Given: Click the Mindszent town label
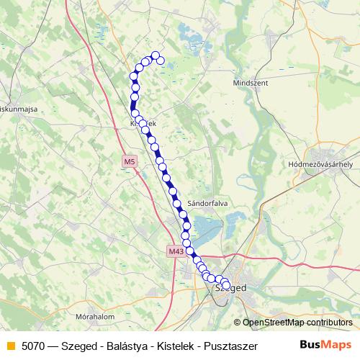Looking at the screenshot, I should click(251, 83).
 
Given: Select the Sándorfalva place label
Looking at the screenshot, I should click(207, 204).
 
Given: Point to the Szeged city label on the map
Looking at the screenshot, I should click(233, 287).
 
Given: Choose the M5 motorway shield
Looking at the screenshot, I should click(129, 162).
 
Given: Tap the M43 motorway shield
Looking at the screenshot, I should click(176, 251).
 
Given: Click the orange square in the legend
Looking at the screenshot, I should click(10, 345).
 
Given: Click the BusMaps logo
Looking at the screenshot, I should click(326, 344).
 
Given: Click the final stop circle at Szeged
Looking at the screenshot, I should click(226, 285).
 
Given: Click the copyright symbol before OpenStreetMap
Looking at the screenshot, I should click(237, 323).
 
